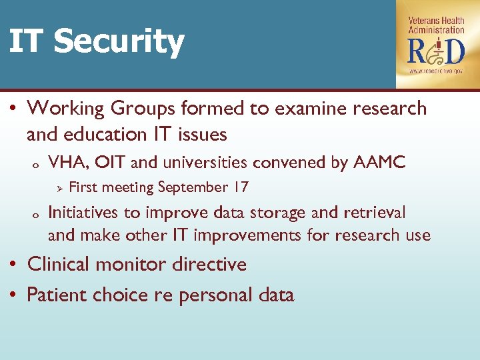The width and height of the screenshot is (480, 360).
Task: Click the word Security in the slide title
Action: (119, 41)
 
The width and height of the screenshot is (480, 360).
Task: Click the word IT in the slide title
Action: (27, 41)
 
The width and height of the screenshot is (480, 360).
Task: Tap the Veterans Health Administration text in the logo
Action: (436, 25)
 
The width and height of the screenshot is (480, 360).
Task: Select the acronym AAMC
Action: (383, 162)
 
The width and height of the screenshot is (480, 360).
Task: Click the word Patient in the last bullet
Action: (57, 295)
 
